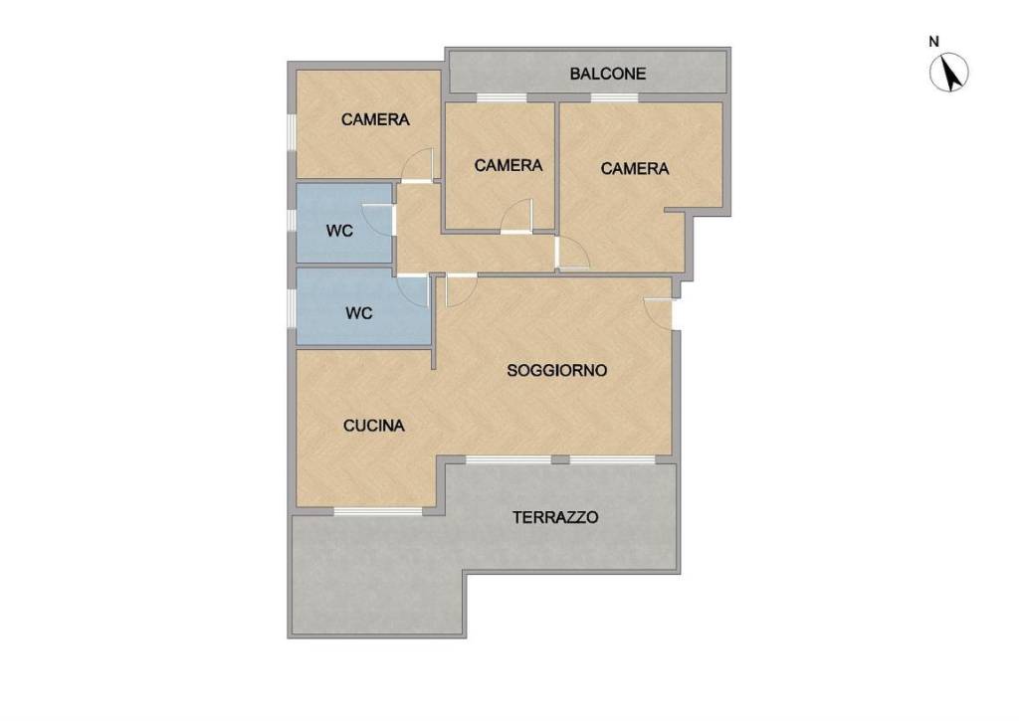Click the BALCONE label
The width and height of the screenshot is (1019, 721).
[608, 74]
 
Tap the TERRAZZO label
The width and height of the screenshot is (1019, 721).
[555, 518]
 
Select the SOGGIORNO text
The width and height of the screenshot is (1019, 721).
[556, 370]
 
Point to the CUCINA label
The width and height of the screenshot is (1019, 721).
[374, 426]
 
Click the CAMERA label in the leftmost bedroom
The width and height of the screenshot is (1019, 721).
[375, 119]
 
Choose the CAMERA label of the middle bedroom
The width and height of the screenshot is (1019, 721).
[509, 166]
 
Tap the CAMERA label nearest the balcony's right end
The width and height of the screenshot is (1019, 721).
[634, 169]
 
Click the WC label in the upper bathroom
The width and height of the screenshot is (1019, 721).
[340, 231]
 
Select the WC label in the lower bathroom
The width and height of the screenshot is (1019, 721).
[358, 313]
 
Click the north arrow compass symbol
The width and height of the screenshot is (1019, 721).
[948, 72]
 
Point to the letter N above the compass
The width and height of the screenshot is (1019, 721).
[933, 42]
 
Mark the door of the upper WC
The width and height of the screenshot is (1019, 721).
[378, 220]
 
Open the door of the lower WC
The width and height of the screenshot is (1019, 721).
[414, 290]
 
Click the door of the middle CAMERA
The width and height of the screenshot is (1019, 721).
[516, 216]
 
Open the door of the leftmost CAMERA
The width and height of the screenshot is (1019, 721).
[417, 165]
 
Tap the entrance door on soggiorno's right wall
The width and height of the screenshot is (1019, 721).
[658, 313]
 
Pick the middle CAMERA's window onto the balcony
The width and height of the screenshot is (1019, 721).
[502, 98]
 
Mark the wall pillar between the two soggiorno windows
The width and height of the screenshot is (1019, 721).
[560, 459]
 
